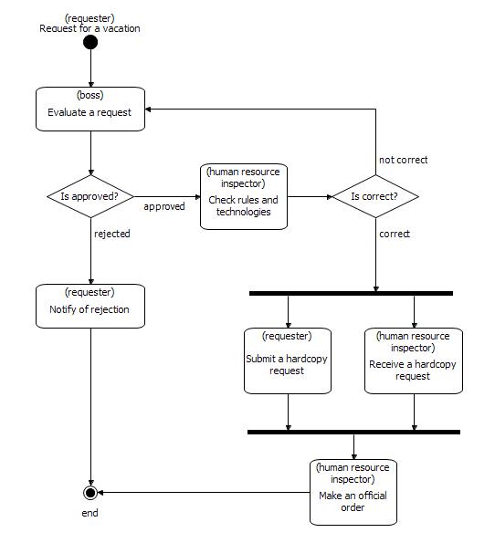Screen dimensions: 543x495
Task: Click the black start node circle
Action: (90, 41)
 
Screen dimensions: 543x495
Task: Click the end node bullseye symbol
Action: (90, 493)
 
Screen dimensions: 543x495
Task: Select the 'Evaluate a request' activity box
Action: (90, 109)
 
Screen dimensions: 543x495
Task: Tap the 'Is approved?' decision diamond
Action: (90, 196)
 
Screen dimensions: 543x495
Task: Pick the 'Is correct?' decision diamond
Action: (374, 196)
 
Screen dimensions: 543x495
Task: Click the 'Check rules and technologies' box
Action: (244, 196)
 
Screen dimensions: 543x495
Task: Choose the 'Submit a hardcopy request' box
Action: (288, 360)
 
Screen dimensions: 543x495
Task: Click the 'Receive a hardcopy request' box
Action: (413, 360)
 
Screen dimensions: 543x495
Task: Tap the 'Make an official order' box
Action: (353, 492)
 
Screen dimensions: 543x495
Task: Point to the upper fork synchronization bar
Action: (351, 293)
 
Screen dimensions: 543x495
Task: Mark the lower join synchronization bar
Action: (353, 432)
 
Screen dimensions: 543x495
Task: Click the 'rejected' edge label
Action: (112, 234)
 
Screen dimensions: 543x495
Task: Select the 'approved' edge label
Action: (164, 206)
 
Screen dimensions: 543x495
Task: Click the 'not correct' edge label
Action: (403, 160)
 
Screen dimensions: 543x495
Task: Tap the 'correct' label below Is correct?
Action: (395, 234)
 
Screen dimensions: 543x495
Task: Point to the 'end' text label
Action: (90, 513)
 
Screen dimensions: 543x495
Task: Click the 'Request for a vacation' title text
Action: (90, 28)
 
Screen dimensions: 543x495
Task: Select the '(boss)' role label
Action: (90, 94)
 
